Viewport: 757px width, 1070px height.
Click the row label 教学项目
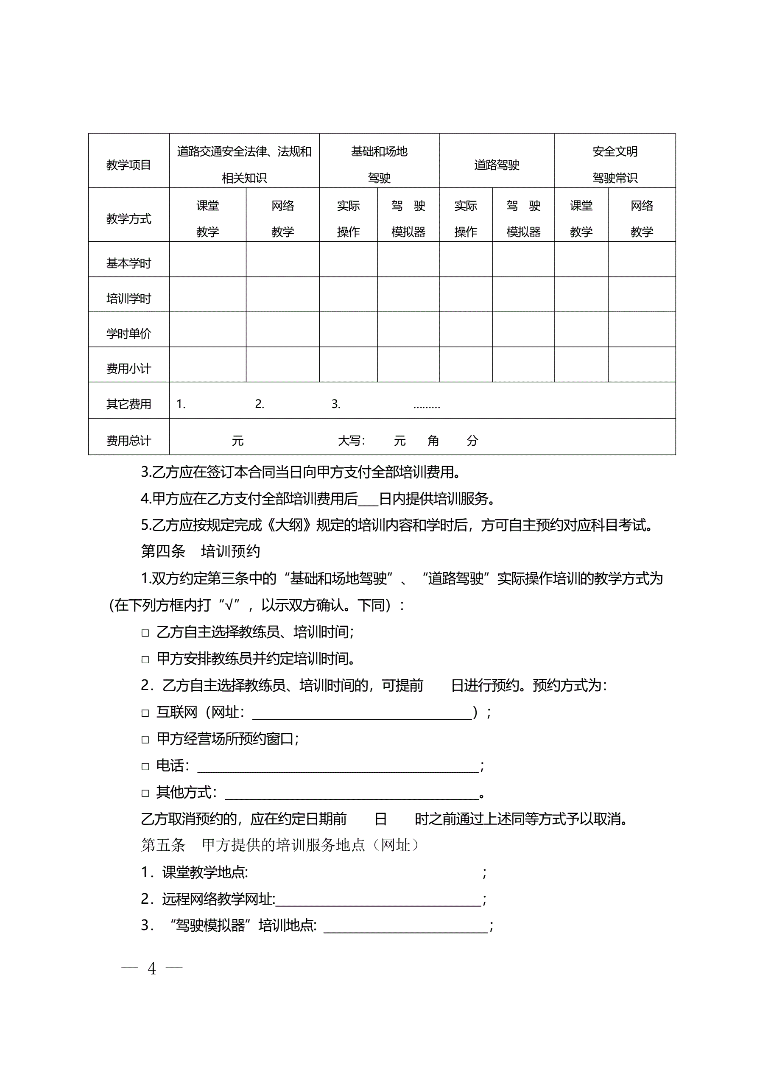coord(128,165)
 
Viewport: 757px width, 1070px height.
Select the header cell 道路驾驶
coord(497,165)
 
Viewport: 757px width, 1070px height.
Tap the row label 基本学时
coord(128,263)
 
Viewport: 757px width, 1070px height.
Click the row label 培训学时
coord(128,298)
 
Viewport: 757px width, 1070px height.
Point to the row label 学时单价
coord(128,333)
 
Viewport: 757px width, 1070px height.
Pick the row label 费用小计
coord(128,369)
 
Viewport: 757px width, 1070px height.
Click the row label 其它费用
coord(128,404)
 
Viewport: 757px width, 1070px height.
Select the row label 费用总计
coord(128,440)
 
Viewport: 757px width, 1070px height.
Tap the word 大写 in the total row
coord(351,440)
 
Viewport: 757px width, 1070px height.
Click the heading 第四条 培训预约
coord(201,551)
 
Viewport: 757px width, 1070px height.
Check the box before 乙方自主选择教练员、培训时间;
coord(145,633)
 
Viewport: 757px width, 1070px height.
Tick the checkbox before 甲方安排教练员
coord(145,659)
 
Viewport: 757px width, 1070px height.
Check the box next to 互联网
coord(145,713)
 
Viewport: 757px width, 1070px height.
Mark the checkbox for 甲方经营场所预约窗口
coord(145,740)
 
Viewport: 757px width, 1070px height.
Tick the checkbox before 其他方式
coord(145,793)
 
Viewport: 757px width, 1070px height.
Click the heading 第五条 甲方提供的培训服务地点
coord(279,845)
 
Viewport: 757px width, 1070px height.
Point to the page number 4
coord(151,969)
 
